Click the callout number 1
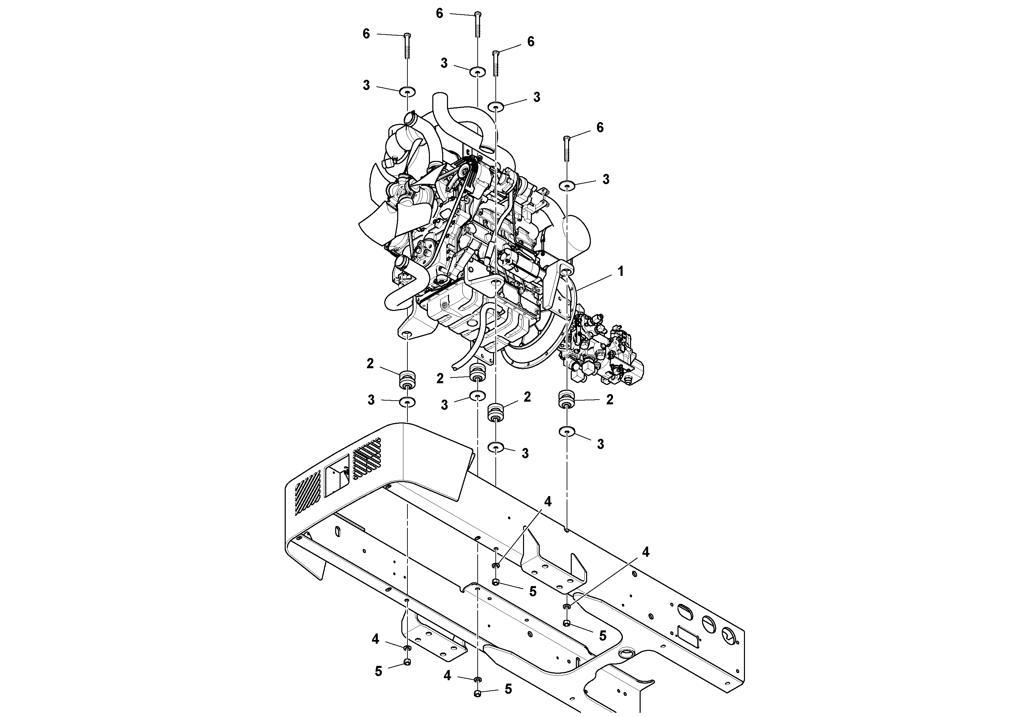pyautogui.click(x=620, y=271)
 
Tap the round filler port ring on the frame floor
pyautogui.click(x=626, y=653)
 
